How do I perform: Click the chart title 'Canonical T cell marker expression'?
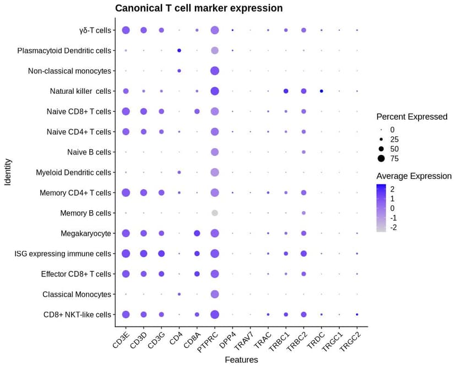pos(199,8)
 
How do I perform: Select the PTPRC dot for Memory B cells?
pos(215,213)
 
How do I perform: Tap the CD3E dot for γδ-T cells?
pos(126,30)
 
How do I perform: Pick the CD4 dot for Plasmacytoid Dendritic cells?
pos(180,51)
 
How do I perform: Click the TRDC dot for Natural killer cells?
pos(322,91)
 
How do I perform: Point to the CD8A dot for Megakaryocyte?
pos(197,233)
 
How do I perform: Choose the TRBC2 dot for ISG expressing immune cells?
pos(303,254)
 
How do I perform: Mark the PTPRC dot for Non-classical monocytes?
pos(215,71)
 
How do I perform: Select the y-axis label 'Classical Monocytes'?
pos(77,295)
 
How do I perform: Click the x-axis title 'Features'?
pos(241,360)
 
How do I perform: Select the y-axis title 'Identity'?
pos(8,172)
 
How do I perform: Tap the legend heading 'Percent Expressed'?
pos(411,117)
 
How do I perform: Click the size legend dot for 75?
pos(381,159)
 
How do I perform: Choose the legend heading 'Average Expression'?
pos(414,177)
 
